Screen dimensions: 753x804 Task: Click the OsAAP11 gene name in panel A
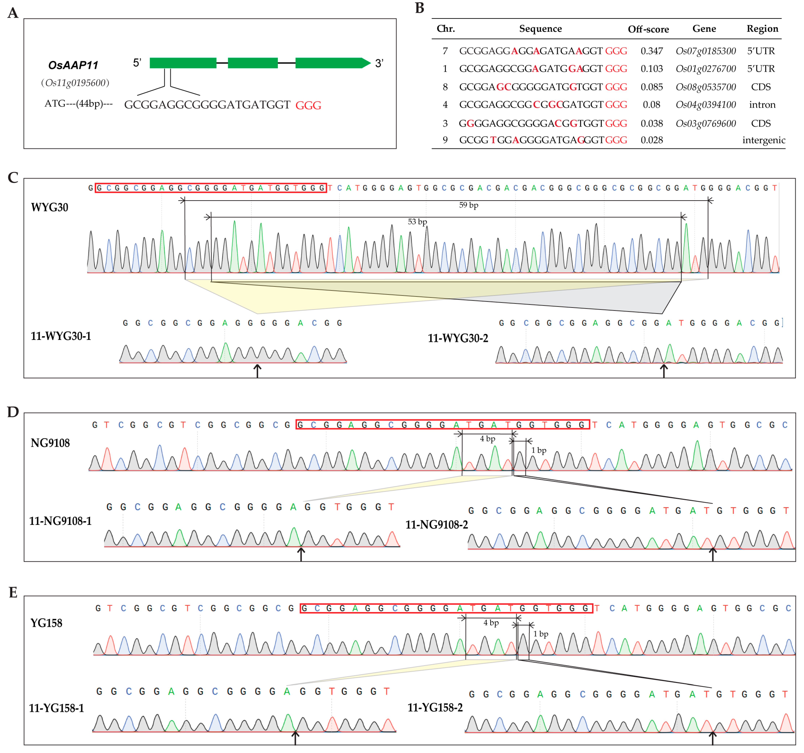(73, 65)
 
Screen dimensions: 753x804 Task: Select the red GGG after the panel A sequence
(308, 106)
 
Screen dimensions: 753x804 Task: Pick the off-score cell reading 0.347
(652, 51)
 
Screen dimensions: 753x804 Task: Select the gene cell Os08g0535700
(706, 87)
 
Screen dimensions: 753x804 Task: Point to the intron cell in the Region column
(762, 105)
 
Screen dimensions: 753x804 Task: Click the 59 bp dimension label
(468, 205)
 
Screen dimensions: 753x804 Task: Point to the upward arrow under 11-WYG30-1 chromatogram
(257, 370)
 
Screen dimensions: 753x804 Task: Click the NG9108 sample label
(50, 443)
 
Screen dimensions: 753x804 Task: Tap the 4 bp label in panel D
(487, 439)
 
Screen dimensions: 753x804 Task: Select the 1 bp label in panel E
(541, 634)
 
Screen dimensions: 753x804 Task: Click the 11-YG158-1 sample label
(56, 708)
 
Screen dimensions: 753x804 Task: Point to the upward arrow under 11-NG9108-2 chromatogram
(713, 554)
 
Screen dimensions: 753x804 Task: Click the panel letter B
(419, 8)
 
